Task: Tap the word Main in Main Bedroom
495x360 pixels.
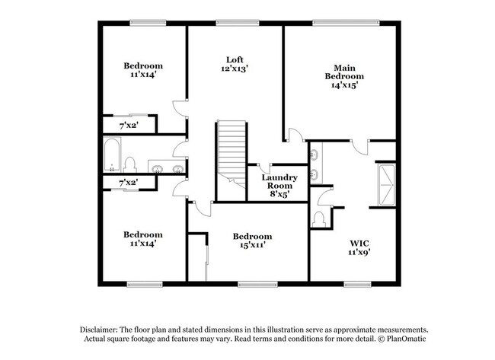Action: tap(344, 67)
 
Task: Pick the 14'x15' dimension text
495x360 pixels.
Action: tap(344, 85)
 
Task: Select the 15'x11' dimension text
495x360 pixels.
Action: tap(252, 246)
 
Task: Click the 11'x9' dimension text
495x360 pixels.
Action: tap(359, 252)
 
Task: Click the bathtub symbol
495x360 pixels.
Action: tap(112, 156)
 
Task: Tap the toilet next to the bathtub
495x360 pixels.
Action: tap(130, 164)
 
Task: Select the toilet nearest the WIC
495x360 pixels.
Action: tap(319, 219)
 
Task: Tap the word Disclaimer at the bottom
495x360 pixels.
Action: tap(102, 327)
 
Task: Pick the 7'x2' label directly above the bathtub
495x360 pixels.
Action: tap(128, 124)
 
